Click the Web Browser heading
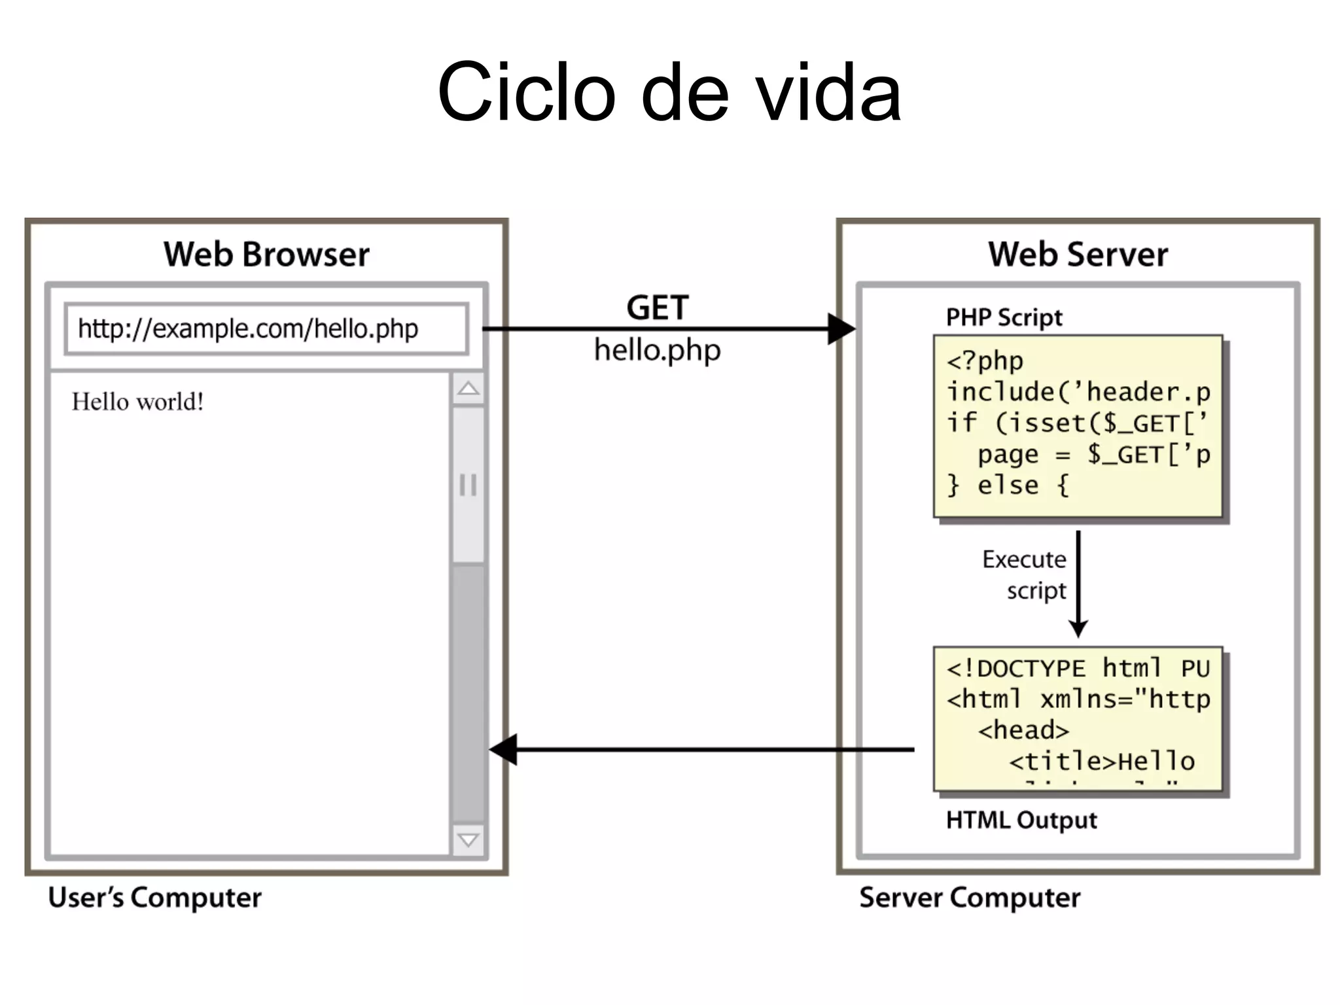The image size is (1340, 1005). pos(266,255)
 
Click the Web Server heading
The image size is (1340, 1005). pos(1078,255)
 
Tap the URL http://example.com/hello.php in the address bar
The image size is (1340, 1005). pos(248,328)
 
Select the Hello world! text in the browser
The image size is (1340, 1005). pos(137,402)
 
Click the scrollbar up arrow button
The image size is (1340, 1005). pos(468,389)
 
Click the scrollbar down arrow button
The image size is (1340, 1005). pos(468,840)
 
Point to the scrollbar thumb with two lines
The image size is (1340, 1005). pos(468,485)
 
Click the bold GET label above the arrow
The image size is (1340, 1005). pos(657,308)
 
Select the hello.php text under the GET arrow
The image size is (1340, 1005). pos(657,350)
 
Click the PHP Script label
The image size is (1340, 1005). pos(1004,317)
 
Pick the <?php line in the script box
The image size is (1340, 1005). pos(985,361)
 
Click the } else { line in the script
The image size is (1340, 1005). pos(1008,485)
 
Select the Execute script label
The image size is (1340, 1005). pos(1025,574)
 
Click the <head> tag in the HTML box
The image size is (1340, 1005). pos(1023,730)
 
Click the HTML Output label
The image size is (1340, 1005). pos(1021,820)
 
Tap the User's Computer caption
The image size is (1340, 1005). pos(154,898)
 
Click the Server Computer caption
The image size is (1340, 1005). pos(970,898)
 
